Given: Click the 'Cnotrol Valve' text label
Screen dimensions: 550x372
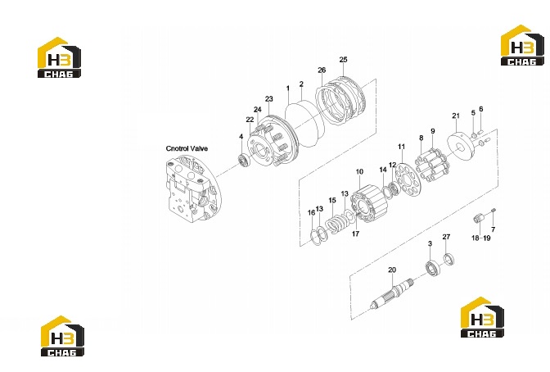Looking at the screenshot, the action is click(187, 148).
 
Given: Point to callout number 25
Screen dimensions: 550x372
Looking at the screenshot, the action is click(343, 59).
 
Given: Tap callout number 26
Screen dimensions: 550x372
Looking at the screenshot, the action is click(322, 70).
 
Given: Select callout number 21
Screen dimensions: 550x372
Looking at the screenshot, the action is click(456, 116).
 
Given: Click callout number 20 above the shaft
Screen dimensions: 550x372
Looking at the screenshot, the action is click(392, 270).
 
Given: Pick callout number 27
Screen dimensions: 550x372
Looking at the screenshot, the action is click(446, 237).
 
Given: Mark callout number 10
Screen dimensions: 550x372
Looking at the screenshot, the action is click(359, 172).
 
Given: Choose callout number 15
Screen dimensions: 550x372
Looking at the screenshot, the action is click(332, 200).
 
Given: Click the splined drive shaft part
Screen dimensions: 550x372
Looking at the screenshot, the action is click(393, 293).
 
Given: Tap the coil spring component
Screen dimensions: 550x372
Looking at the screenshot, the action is click(336, 224).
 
